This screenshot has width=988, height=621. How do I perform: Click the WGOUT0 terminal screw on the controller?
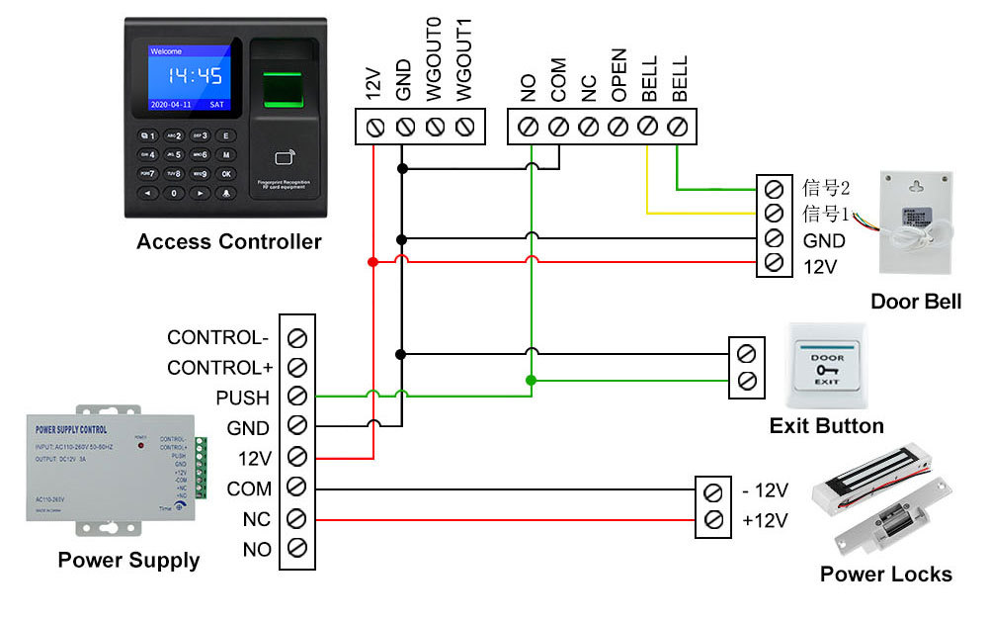[435, 127]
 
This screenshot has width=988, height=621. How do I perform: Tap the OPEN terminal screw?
[618, 127]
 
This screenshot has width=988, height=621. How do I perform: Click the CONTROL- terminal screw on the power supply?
[296, 338]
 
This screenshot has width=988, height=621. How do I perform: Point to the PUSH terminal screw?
[296, 398]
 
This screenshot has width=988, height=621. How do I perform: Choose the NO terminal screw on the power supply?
[296, 548]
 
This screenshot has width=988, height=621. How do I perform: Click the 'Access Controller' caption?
[228, 241]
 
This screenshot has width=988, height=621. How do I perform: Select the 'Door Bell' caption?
[915, 302]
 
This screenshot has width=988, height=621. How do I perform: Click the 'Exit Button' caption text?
[826, 426]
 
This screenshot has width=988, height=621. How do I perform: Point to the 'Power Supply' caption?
[128, 561]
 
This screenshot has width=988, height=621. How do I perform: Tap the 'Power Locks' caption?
[885, 575]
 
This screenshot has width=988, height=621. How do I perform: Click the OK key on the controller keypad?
[226, 174]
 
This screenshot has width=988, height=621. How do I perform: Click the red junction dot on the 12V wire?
[372, 262]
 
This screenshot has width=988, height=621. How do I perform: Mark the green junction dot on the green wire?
[531, 380]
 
